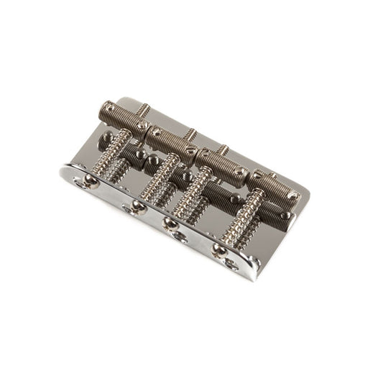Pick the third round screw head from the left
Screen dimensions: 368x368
[x=171, y=224]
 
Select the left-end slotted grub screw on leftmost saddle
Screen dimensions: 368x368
[x=103, y=109]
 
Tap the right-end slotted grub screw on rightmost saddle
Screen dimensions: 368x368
[x=293, y=193]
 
